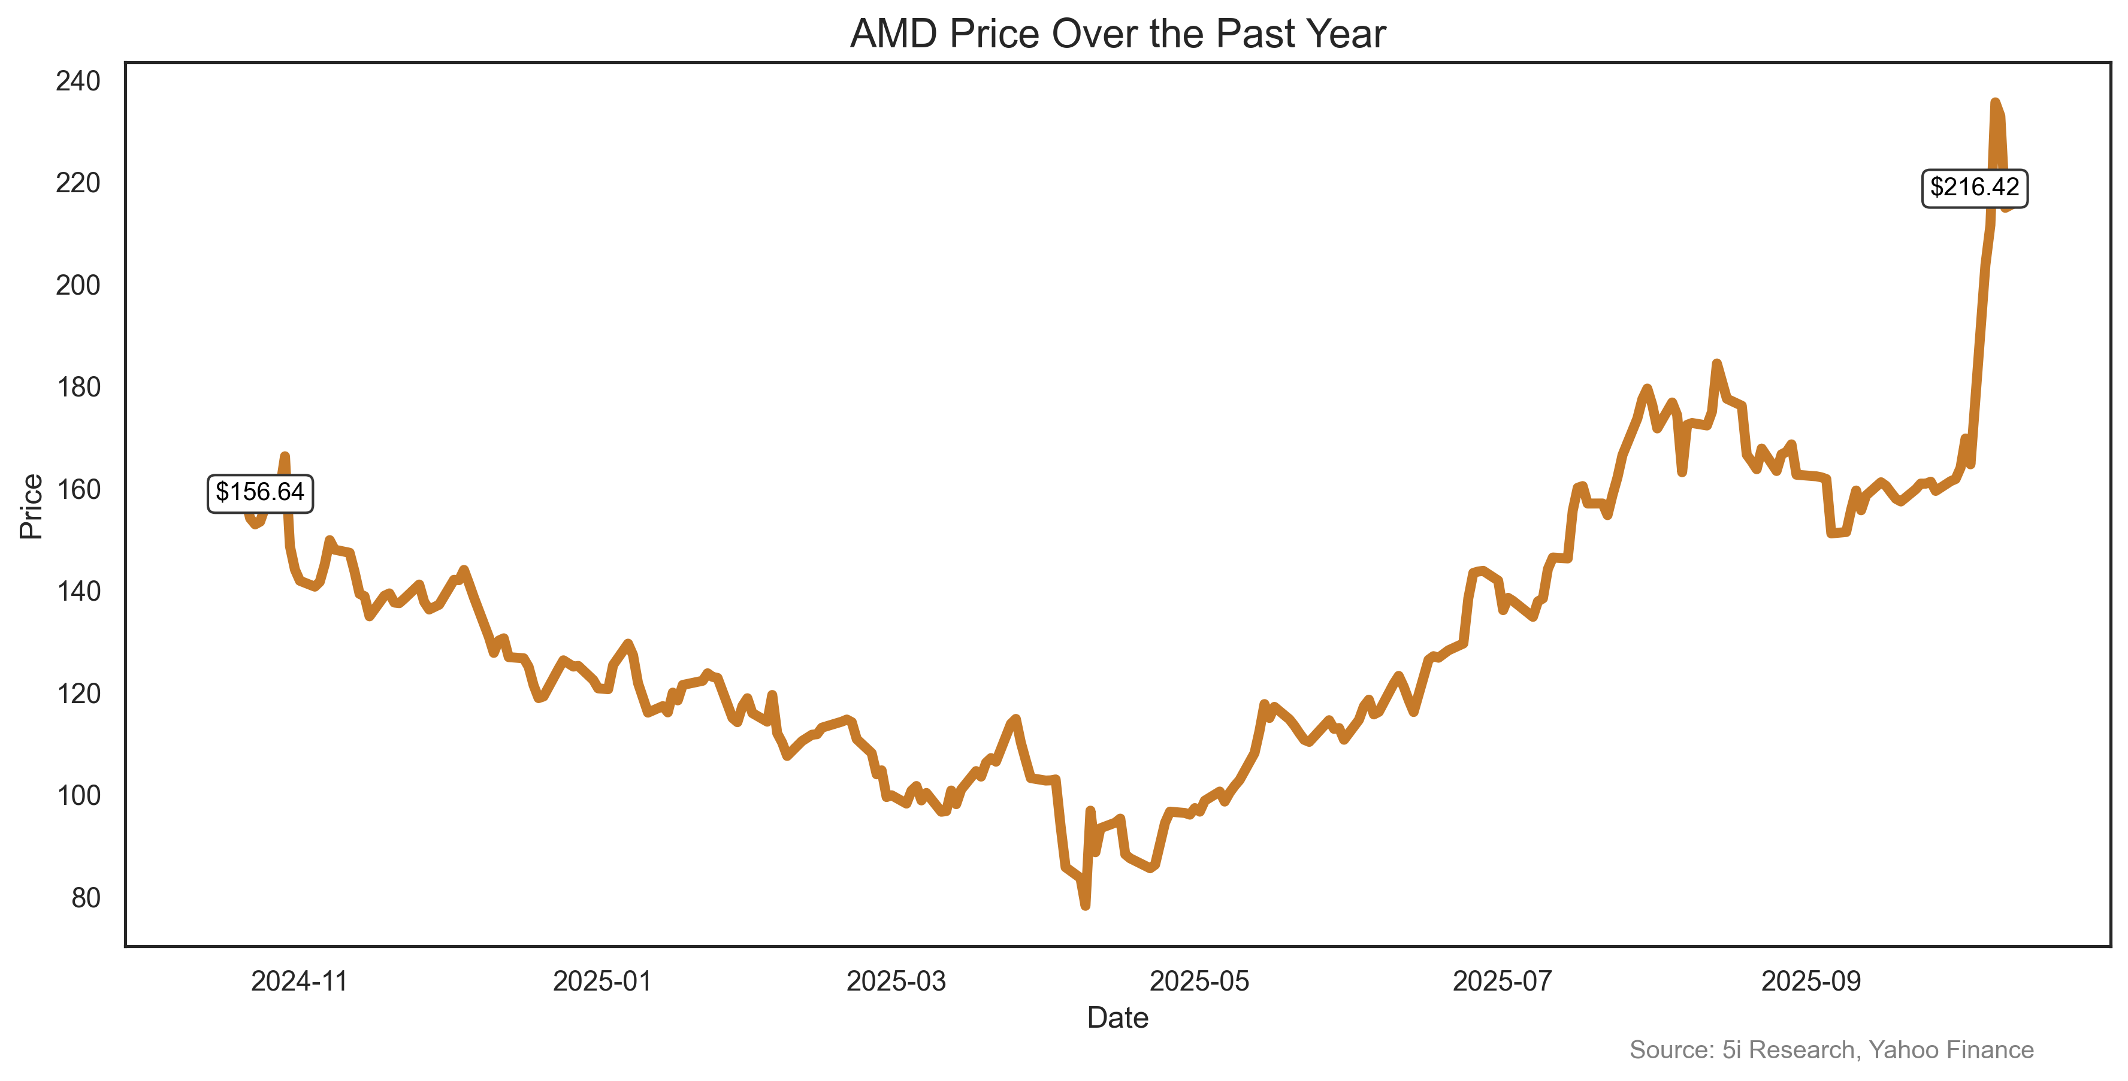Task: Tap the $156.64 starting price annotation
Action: click(259, 493)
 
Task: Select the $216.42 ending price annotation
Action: click(1973, 187)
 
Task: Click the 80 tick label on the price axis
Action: click(85, 897)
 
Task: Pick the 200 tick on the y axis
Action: click(78, 285)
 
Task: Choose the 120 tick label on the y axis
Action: click(78, 693)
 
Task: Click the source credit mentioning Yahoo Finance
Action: click(1831, 1050)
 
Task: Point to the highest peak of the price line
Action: click(1994, 102)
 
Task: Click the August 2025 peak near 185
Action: click(1716, 364)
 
